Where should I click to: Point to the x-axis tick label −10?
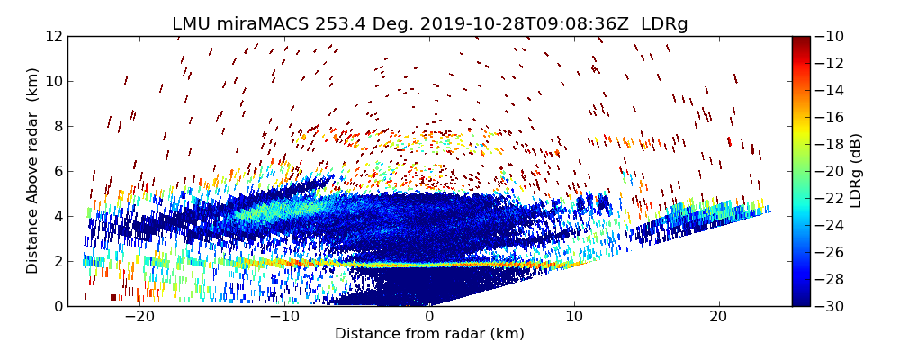point(283,317)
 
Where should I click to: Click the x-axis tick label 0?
point(429,317)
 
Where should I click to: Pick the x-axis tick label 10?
point(574,317)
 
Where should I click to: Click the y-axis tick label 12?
point(53,36)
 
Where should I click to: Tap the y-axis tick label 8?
point(57,126)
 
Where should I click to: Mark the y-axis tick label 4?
point(57,216)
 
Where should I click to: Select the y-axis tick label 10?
point(53,81)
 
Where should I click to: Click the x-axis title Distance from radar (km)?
point(429,334)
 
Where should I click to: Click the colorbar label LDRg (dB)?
point(856,171)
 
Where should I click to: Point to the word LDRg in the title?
point(664,24)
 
